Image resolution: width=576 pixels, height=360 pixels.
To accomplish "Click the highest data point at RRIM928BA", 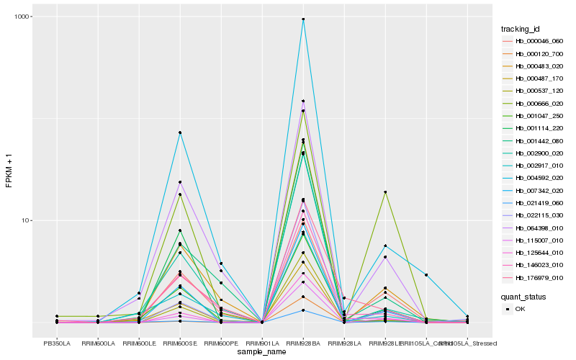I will point(303,19).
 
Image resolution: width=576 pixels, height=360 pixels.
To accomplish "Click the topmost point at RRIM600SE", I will point(180,132).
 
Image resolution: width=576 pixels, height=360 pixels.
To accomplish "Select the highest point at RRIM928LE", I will point(385,192).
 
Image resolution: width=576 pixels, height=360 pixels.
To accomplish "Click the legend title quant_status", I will point(523,296).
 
